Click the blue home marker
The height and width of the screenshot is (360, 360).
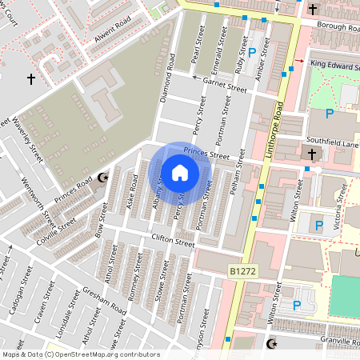coord(180,173)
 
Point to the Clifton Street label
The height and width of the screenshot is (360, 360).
coord(173,241)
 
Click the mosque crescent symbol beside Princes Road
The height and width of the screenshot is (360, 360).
coord(101,178)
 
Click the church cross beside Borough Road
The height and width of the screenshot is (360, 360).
coord(312,10)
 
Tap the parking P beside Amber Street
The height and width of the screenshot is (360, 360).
coord(252,53)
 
